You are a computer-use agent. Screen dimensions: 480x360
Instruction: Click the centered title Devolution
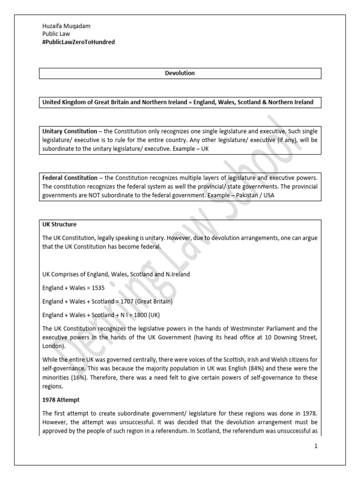click(x=180, y=73)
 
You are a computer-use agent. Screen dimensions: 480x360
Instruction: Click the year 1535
click(x=96, y=287)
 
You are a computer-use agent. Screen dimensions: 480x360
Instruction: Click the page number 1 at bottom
click(x=316, y=446)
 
